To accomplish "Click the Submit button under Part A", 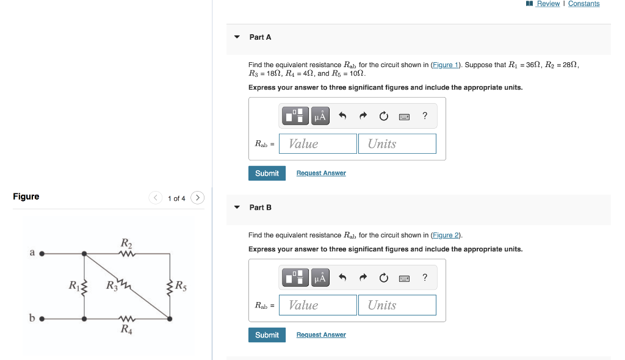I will click(x=267, y=173).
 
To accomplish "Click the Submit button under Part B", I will click(x=267, y=335).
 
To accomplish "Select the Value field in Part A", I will click(x=318, y=144).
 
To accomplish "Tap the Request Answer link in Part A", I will click(x=321, y=173).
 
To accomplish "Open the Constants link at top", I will click(x=583, y=4).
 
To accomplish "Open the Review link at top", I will click(x=548, y=4).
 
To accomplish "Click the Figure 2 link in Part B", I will click(x=446, y=235).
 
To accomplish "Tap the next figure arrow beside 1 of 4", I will click(x=197, y=198).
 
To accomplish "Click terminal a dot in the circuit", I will click(x=42, y=253).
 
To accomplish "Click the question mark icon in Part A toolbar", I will click(x=425, y=115).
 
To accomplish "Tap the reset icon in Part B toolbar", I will click(x=383, y=278).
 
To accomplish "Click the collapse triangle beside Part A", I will click(x=237, y=37).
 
